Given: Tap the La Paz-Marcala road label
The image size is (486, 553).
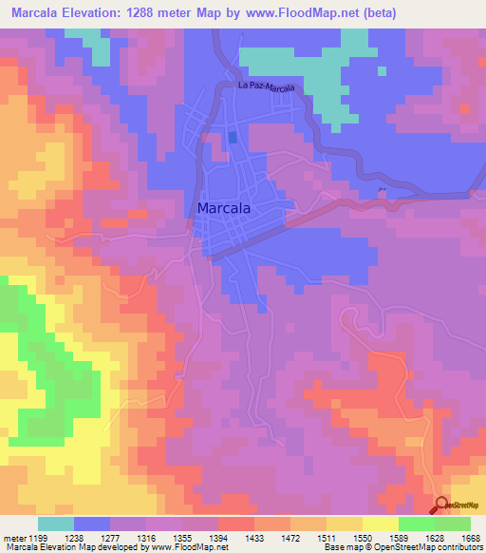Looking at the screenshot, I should [x=267, y=87].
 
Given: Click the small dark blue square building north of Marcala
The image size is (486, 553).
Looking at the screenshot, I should [x=233, y=138].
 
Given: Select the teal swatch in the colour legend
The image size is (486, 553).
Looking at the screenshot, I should [x=56, y=524].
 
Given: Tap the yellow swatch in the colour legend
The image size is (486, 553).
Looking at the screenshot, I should [x=380, y=524].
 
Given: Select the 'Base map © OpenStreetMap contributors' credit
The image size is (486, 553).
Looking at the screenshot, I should [x=402, y=546].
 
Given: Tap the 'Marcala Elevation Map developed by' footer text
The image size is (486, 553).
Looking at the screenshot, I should [x=69, y=546].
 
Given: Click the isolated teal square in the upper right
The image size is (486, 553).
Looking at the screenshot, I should [x=382, y=70].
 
